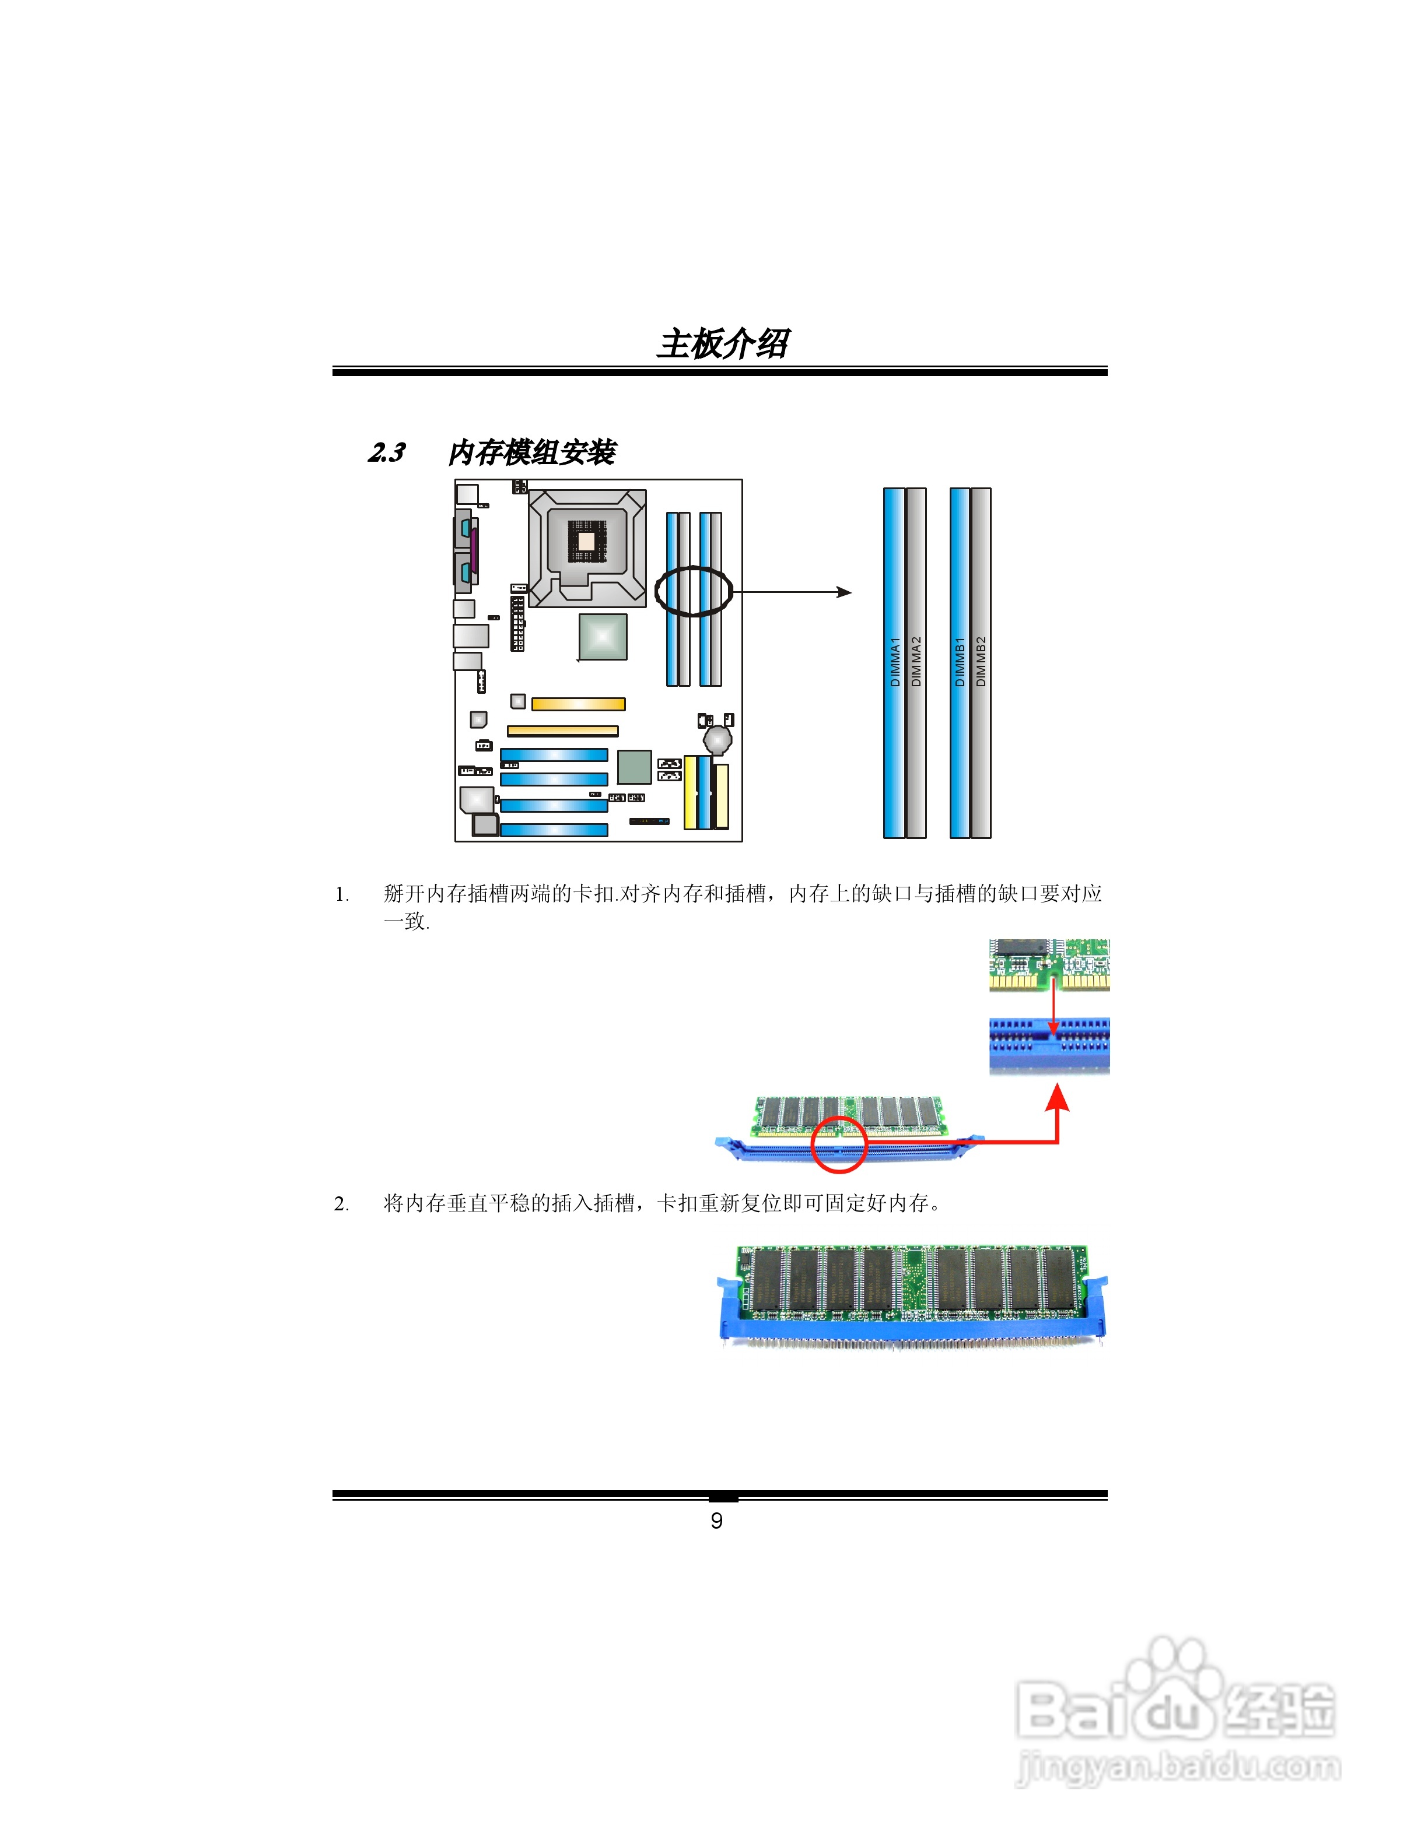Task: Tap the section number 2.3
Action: point(387,452)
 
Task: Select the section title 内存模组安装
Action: point(531,452)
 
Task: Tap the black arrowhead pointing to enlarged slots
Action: point(843,592)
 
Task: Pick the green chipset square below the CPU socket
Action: point(603,636)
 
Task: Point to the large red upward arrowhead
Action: point(1058,1100)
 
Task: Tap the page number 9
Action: point(716,1521)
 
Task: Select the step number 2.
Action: point(342,1203)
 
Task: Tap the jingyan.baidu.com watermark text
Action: point(1178,1766)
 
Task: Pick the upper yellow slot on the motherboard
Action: point(578,704)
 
